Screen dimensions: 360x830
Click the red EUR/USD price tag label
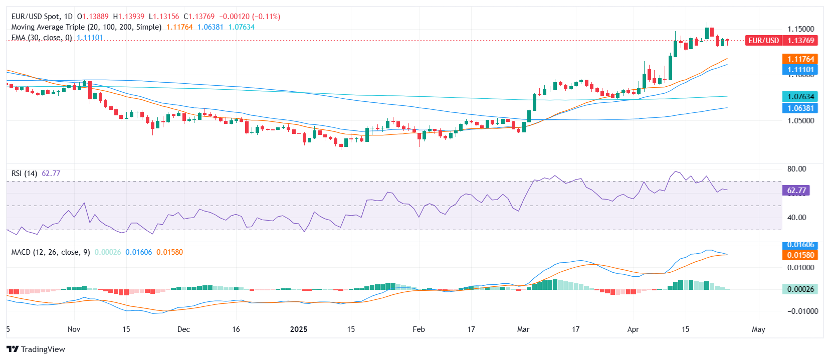point(763,41)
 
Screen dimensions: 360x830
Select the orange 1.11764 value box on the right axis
point(800,59)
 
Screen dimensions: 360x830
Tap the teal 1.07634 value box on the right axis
point(800,96)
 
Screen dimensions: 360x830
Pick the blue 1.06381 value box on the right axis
point(800,108)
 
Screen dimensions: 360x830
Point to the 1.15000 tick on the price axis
point(800,29)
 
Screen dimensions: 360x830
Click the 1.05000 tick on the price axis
point(800,121)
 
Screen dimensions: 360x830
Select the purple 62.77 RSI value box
point(796,191)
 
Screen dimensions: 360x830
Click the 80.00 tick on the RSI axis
point(796,169)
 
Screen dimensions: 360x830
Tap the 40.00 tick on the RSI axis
point(796,218)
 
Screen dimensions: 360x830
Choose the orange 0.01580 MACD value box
point(800,255)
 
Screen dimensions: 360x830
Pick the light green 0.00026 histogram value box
point(800,289)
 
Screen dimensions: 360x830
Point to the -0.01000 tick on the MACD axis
point(800,311)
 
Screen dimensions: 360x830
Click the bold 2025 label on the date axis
point(299,329)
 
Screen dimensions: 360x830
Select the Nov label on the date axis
point(74,329)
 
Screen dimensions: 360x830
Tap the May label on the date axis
point(758,329)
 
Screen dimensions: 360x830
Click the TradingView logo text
point(43,349)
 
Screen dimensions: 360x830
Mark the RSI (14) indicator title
point(24,173)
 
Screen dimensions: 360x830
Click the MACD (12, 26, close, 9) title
point(51,252)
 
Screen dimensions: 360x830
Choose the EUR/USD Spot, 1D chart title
point(42,17)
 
